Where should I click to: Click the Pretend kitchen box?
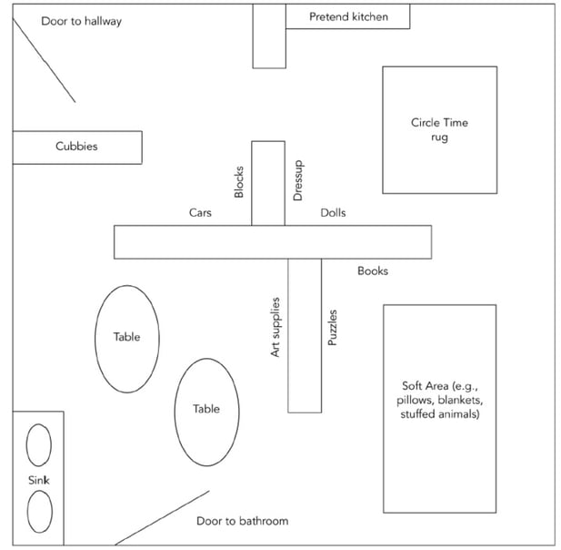click(347, 16)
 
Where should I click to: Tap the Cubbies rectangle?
click(76, 147)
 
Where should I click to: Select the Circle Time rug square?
click(439, 129)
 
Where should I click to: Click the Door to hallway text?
click(81, 20)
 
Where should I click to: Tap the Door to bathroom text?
click(242, 521)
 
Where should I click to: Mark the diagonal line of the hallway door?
click(44, 59)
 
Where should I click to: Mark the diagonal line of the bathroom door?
click(162, 517)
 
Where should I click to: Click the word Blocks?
click(239, 182)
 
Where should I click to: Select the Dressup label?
click(297, 183)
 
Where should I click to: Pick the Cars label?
click(200, 212)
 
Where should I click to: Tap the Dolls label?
click(333, 213)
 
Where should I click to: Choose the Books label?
click(373, 270)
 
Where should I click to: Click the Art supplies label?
click(275, 327)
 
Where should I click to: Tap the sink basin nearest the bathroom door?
click(39, 511)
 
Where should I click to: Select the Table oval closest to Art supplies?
click(206, 412)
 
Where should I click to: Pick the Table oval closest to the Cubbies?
click(127, 339)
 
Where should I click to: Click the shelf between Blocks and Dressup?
click(268, 182)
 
